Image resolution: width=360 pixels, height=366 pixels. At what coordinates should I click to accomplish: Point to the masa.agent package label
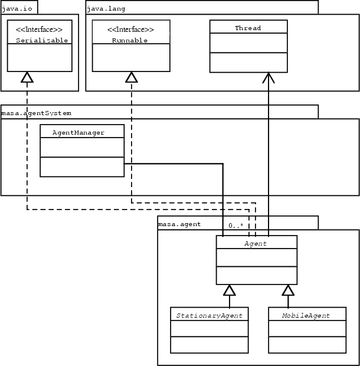[x=179, y=224]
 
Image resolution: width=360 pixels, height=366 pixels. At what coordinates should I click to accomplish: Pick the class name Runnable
[x=130, y=41]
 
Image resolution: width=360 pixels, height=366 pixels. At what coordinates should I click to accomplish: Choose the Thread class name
[x=248, y=28]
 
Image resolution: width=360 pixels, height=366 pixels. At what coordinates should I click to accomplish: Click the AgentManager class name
[x=78, y=132]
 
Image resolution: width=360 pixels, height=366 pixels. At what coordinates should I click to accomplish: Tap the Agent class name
[x=256, y=243]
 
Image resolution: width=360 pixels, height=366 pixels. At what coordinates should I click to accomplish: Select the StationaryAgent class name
[x=209, y=315]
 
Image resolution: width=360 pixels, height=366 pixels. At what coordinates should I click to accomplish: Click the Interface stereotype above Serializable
[x=40, y=29]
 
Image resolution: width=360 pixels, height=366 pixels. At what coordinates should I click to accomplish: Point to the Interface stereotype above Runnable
[x=131, y=29]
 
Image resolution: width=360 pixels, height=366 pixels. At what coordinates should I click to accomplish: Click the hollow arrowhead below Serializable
[x=27, y=77]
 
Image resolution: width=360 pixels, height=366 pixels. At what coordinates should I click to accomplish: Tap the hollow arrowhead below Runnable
[x=131, y=77]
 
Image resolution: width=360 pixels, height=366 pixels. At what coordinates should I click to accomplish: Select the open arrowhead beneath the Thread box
[x=269, y=77]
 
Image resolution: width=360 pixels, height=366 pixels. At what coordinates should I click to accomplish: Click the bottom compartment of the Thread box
[x=248, y=63]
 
